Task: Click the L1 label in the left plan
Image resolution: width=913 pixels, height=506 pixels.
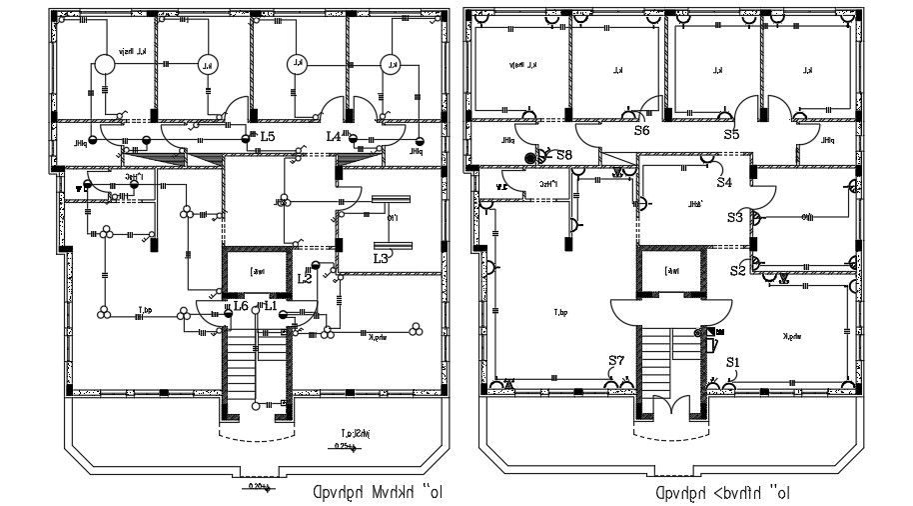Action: pos(270,305)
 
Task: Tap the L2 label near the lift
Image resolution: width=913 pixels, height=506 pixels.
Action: pos(306,279)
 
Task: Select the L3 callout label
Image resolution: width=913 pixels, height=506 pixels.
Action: pos(381,258)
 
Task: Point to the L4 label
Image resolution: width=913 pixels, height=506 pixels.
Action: pos(333,136)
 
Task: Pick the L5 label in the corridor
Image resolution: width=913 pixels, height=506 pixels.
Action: pos(266,136)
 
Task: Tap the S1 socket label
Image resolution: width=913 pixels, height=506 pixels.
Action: pos(733,362)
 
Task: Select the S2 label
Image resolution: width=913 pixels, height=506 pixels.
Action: pos(737,270)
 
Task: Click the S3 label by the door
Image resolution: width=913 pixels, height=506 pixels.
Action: pos(735,217)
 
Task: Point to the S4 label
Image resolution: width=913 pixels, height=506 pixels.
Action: pos(724,182)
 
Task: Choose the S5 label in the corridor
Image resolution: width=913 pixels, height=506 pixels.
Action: pos(731,133)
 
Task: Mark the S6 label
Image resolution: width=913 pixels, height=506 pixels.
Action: pos(641,130)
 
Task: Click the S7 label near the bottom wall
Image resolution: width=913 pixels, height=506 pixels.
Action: pos(616,360)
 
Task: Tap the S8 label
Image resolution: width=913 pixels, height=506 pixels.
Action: pos(564,155)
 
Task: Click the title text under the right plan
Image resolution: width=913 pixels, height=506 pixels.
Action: pos(723,492)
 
